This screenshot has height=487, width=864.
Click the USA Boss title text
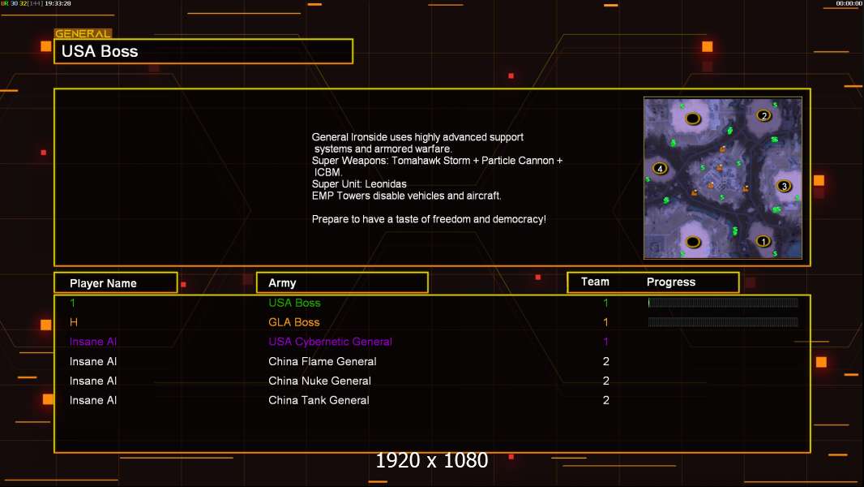pos(100,51)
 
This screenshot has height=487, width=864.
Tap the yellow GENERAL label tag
pos(83,33)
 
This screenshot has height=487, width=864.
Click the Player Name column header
pos(103,283)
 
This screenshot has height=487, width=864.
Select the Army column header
pos(282,283)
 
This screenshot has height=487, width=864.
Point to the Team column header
pos(595,282)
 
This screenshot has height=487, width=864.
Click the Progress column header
pos(671,282)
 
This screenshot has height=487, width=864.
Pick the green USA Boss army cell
pos(294,303)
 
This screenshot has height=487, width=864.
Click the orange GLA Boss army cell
pos(293,322)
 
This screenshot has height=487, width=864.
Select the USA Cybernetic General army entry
pos(330,342)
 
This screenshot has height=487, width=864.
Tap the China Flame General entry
pos(323,361)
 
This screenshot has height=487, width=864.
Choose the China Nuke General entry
pos(319,381)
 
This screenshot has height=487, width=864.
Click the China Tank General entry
pos(319,400)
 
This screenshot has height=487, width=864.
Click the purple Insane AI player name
pos(93,342)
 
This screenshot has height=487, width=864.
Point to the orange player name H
pos(73,322)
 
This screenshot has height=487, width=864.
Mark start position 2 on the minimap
pos(763,115)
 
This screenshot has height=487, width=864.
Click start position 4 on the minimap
pos(660,168)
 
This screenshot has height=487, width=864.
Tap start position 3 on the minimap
pos(784,186)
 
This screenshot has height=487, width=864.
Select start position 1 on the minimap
pos(763,241)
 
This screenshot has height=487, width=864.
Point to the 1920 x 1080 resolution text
pos(432,460)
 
